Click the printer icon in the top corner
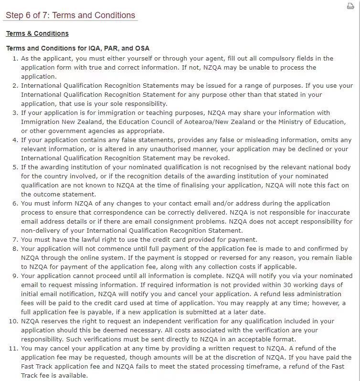pyautogui.click(x=350, y=6)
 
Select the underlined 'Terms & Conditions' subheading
pyautogui.click(x=37, y=33)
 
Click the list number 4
pyautogui.click(x=15, y=140)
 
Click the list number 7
pyautogui.click(x=15, y=240)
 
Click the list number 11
pyautogui.click(x=13, y=349)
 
